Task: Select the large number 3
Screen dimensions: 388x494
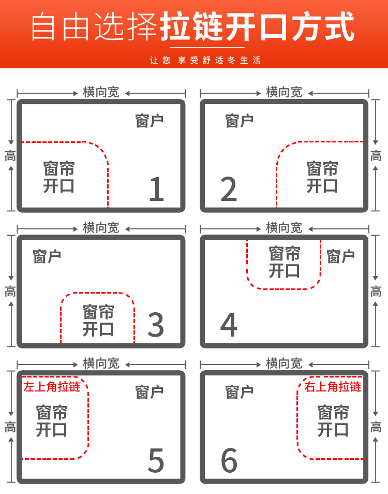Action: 156,325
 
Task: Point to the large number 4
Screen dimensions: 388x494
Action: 229,325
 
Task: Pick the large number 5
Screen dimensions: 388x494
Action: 156,460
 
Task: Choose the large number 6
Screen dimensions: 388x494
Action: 229,460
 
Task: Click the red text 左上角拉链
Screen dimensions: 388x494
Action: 52,387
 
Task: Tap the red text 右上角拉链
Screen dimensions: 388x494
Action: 333,387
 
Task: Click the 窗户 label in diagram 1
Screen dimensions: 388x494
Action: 149,121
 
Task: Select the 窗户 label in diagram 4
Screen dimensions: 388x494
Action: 340,256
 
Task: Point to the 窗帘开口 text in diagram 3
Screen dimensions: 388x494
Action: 98,321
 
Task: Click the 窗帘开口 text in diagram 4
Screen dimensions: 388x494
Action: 285,262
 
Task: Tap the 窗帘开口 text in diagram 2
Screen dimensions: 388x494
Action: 322,177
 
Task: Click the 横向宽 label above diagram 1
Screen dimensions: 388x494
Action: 101,92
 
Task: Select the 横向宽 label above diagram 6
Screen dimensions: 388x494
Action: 284,364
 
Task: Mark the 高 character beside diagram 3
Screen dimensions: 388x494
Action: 10,292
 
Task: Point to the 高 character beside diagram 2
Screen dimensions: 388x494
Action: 376,156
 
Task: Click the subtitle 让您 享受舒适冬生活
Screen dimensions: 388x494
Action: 205,60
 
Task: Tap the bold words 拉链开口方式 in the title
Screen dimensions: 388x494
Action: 258,26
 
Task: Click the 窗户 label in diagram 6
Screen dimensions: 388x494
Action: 239,393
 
